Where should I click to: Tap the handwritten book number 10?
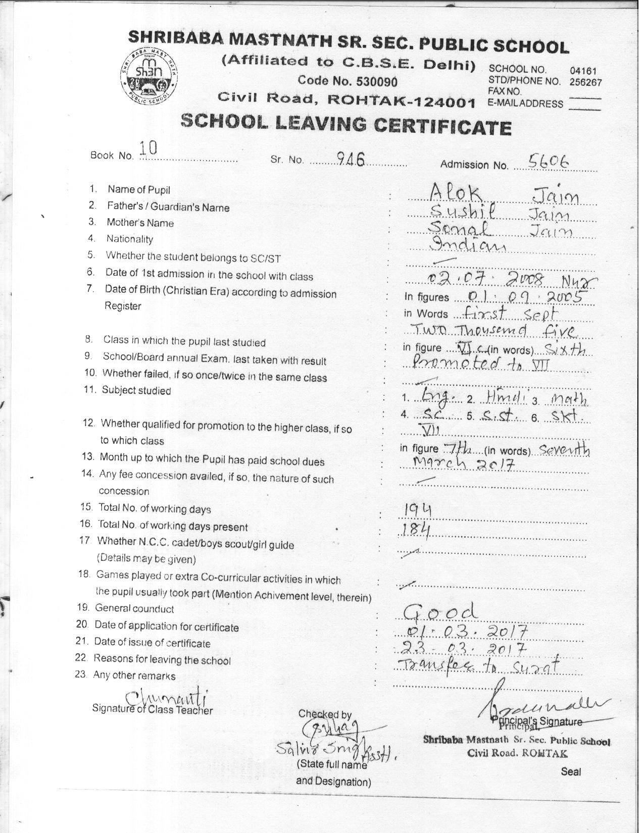point(148,148)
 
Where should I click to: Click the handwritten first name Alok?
point(455,192)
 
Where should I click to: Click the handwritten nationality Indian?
point(467,245)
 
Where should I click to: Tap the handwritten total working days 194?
point(417,512)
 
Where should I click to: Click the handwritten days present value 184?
point(417,530)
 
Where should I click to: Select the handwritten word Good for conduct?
point(440,612)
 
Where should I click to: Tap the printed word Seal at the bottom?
point(571,771)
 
